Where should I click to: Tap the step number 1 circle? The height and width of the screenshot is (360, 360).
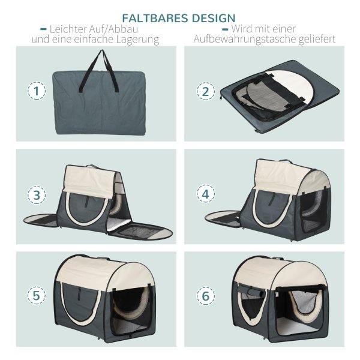37,91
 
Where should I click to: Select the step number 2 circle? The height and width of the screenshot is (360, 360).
205,91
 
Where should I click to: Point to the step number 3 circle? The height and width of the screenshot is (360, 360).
37,195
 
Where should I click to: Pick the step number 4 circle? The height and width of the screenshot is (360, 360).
205,194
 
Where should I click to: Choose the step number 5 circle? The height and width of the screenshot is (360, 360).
37,295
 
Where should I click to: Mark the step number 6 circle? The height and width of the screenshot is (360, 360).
205,295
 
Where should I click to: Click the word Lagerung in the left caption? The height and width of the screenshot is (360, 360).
137,40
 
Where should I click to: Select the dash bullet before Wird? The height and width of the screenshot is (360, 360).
225,29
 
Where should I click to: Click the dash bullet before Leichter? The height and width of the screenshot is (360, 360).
43,29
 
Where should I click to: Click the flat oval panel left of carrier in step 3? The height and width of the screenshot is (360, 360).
40,220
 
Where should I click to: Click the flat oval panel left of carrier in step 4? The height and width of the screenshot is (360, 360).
222,219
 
